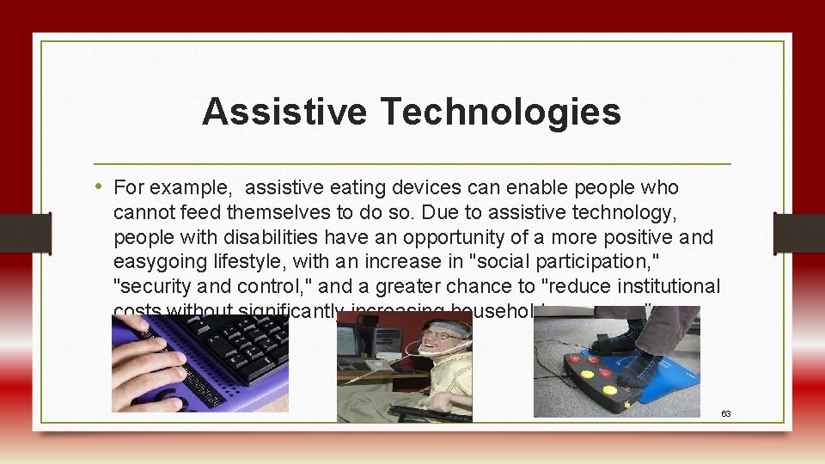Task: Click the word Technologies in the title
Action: click(500, 112)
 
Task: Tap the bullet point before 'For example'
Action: click(102, 187)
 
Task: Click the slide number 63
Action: click(725, 413)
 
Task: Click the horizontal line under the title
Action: click(412, 163)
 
